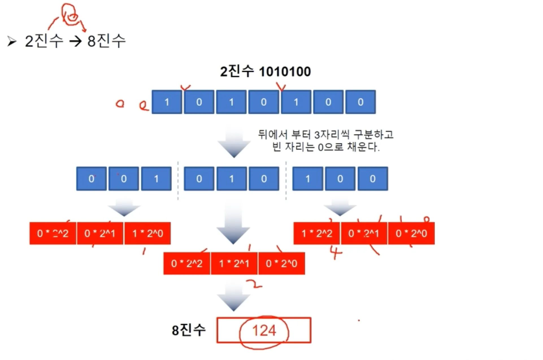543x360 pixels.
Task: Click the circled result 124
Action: [264, 331]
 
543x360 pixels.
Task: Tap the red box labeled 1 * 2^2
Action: [317, 233]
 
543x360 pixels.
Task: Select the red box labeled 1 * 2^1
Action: [234, 263]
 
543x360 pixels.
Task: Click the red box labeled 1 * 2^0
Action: [147, 233]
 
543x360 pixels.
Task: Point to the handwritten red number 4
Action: [336, 252]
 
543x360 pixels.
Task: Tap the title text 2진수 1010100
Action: [265, 71]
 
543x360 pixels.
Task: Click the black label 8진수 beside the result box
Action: [188, 330]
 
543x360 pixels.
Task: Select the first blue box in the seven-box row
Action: [167, 102]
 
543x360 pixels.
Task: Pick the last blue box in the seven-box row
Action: [360, 102]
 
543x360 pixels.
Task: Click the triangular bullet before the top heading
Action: [12, 42]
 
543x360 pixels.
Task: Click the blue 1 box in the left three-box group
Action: [156, 179]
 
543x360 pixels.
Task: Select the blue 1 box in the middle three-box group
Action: [231, 179]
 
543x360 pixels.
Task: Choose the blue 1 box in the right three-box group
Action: [308, 179]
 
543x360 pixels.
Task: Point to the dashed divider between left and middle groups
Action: [178, 181]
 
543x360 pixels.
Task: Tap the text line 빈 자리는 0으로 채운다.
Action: [325, 147]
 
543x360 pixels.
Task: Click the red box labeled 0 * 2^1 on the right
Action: [364, 233]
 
